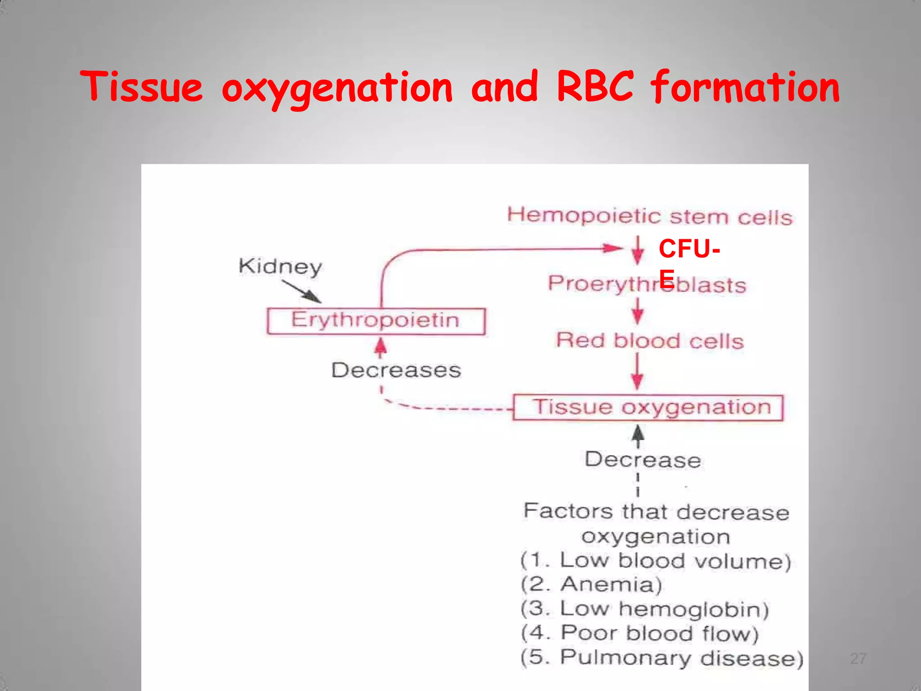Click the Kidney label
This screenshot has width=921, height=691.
click(280, 266)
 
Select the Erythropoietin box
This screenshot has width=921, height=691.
click(376, 321)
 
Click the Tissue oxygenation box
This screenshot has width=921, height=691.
click(648, 408)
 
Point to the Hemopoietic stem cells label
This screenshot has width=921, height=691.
click(649, 216)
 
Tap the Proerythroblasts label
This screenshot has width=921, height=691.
click(647, 284)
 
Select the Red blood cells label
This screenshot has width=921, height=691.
click(650, 341)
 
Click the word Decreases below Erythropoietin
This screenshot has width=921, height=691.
click(396, 370)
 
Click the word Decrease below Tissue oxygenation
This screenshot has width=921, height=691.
click(643, 460)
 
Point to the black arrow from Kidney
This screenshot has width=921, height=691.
click(301, 292)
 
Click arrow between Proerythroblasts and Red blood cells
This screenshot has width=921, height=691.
click(637, 312)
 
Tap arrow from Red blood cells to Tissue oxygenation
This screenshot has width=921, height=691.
click(637, 372)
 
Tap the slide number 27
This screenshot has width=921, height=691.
click(858, 659)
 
